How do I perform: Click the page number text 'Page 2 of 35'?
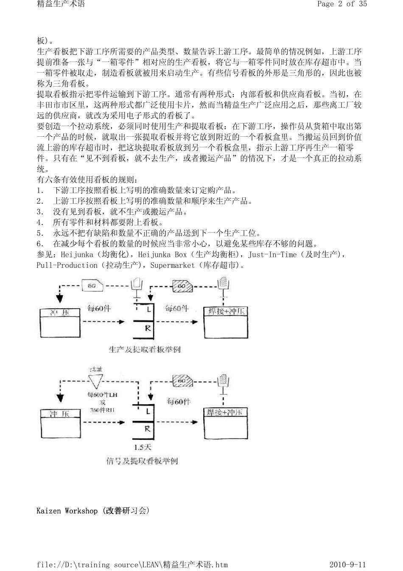pos(342,4)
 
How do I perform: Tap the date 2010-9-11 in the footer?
pos(347,565)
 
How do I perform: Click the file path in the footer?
pos(132,565)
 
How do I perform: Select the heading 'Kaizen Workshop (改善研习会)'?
pos(93,511)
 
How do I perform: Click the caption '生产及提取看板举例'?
pos(145,349)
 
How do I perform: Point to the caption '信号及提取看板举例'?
pos(142,461)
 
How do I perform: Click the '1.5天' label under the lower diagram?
pos(143,447)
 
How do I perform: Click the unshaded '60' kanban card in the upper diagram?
pos(92,286)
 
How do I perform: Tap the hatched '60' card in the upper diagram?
pos(183,286)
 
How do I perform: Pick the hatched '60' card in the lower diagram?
pos(182,381)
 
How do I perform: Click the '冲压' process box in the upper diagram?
pos(59,323)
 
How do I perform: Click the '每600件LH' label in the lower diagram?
pos(102,395)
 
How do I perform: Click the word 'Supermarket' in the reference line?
pos(171,265)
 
